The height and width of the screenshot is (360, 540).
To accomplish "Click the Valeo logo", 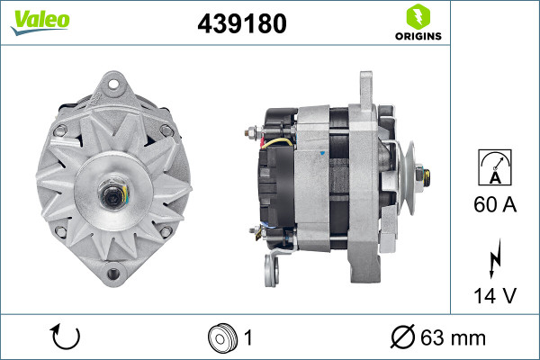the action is [40, 22].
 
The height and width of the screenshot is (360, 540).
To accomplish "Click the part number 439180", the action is [242, 23].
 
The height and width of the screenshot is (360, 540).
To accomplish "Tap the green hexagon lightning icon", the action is [418, 16].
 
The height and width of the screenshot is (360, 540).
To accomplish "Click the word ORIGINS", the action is [418, 36].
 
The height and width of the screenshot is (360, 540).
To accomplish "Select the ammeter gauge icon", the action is [495, 167].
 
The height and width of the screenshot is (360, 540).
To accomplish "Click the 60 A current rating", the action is [495, 204].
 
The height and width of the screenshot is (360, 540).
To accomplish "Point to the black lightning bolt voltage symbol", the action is [495, 258].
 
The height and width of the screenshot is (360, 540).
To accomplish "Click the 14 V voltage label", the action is [495, 295].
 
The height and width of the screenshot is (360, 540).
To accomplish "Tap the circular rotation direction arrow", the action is [66, 337].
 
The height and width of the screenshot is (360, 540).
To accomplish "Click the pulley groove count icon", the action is [222, 338].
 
